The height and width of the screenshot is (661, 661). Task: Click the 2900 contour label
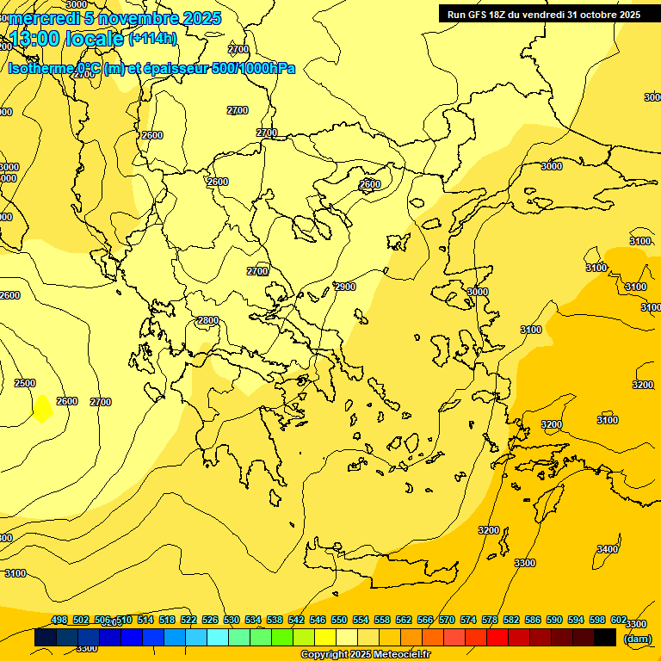[x=345, y=287]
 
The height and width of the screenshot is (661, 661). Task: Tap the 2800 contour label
[x=208, y=321]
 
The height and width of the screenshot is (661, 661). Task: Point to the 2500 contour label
[x=25, y=383]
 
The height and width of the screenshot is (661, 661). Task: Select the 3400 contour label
[x=608, y=549]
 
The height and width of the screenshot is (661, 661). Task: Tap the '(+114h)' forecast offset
[x=152, y=39]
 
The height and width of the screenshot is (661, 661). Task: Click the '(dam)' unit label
[x=637, y=638]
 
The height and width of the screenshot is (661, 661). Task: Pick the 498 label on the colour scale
[x=59, y=620]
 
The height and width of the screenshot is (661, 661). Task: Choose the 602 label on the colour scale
[x=619, y=620]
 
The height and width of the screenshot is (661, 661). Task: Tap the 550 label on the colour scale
[x=339, y=620]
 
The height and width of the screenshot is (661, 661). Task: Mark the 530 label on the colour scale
[x=232, y=620]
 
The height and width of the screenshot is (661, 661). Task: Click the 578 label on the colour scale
[x=490, y=620]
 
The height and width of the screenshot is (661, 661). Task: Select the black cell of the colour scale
[x=605, y=638]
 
